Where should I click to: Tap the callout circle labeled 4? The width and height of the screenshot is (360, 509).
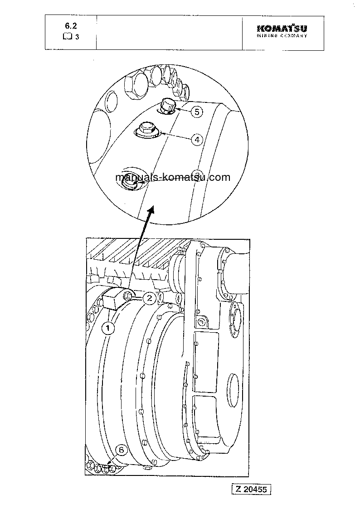point(196,139)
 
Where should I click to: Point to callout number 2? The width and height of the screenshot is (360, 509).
point(148,298)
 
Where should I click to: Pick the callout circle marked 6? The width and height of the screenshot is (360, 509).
point(121,450)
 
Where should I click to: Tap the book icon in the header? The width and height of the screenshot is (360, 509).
point(67,37)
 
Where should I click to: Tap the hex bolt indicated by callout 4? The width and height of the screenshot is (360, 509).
point(146,129)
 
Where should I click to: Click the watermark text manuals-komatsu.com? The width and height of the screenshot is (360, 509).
point(173,177)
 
